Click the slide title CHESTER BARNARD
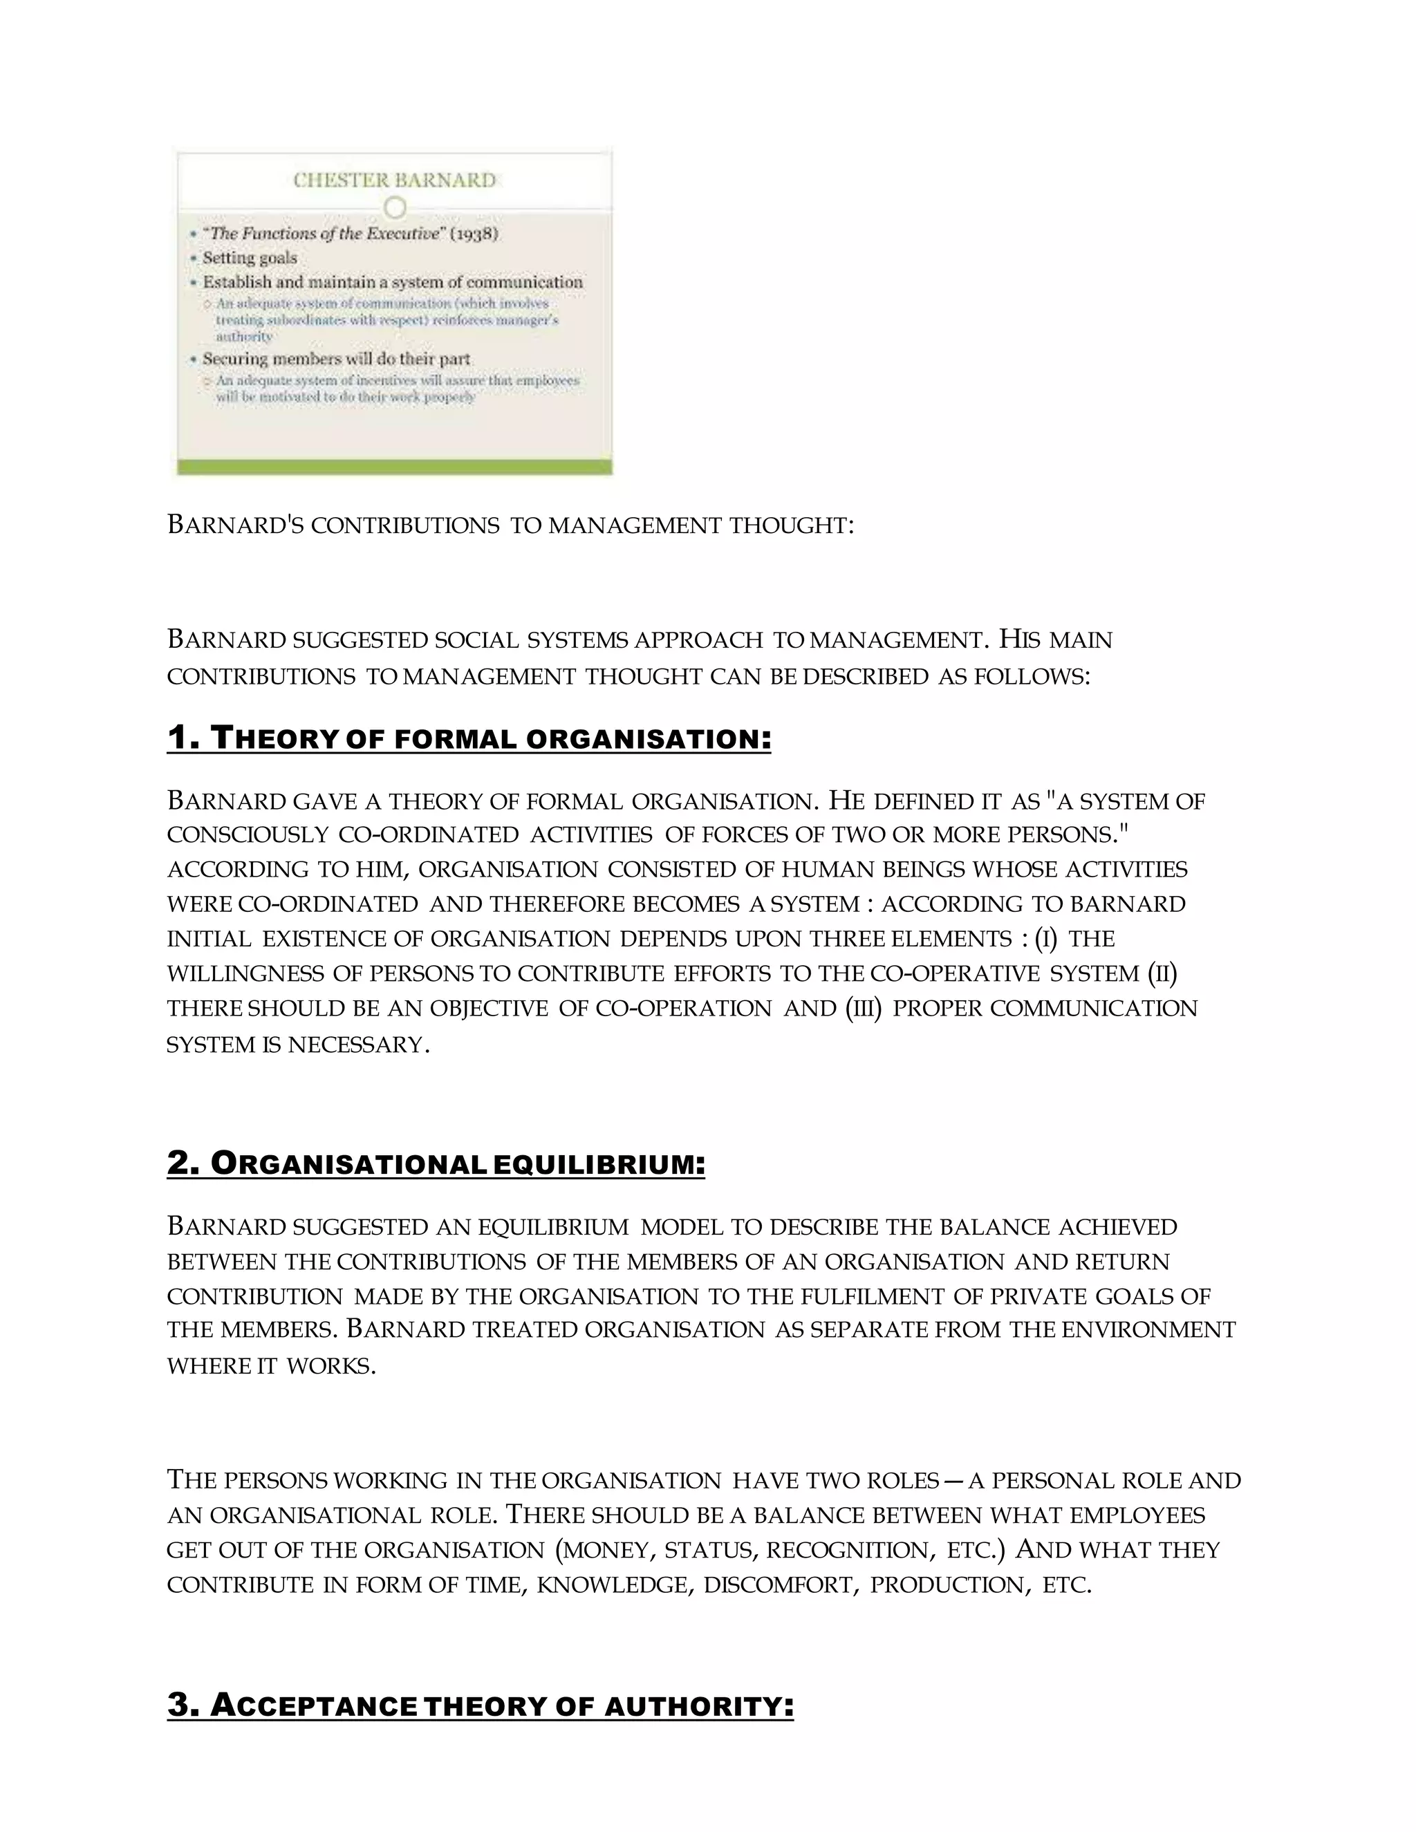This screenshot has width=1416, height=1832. coord(394,180)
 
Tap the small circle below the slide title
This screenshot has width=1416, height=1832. coord(394,207)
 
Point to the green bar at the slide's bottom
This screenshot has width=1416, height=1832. coord(394,467)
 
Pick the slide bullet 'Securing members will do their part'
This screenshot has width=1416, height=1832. coord(335,359)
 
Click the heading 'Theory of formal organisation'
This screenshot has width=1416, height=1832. coord(468,739)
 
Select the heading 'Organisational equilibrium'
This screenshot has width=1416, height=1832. coord(436,1164)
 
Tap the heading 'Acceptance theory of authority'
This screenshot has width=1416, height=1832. coord(480,1705)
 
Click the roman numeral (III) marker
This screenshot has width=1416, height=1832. coord(864,1008)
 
